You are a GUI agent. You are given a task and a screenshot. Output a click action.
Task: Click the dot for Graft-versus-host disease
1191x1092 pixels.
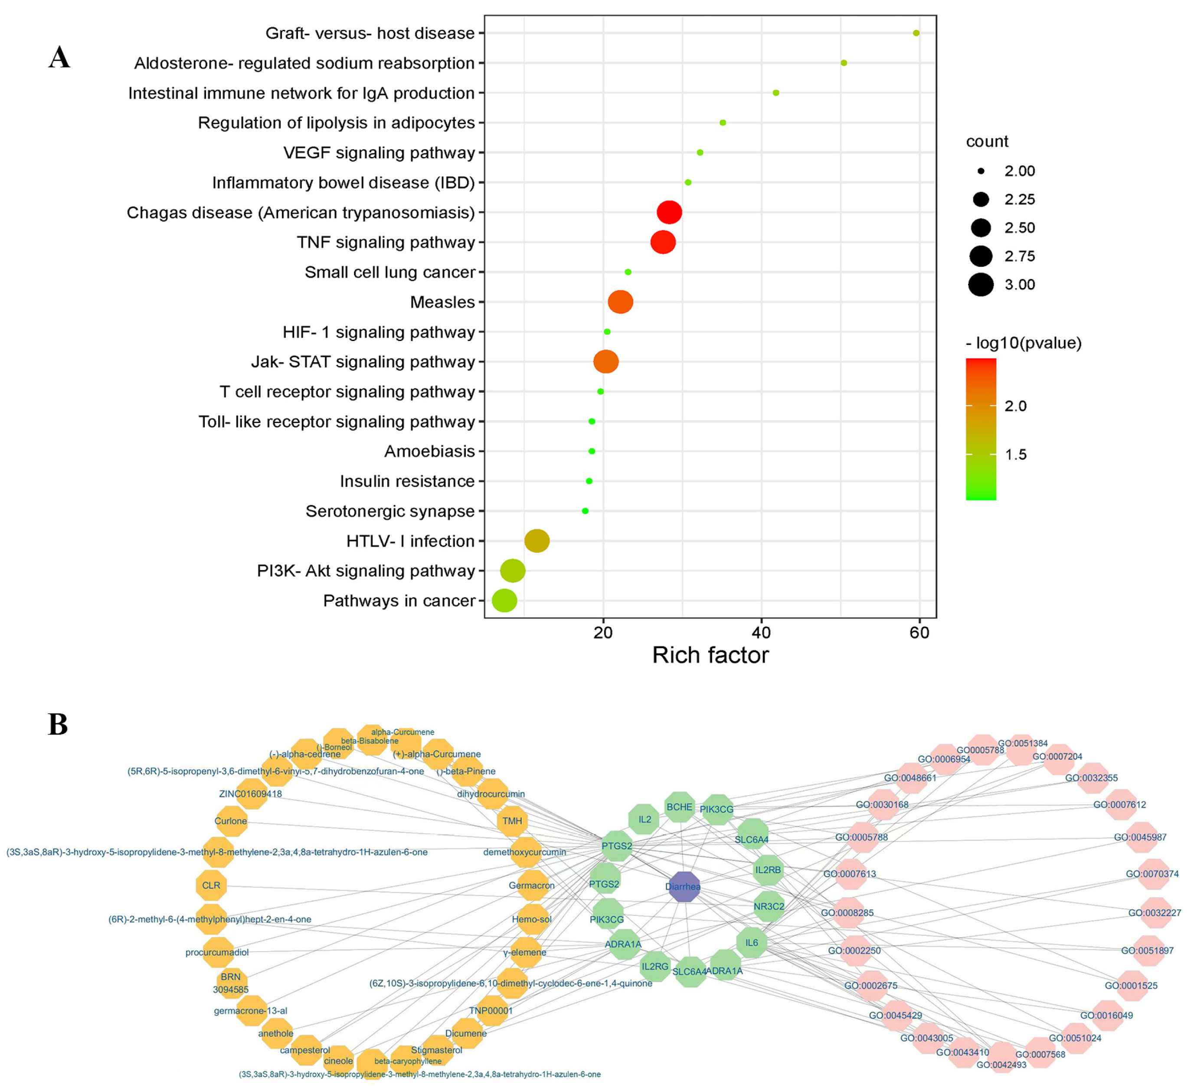click(x=916, y=33)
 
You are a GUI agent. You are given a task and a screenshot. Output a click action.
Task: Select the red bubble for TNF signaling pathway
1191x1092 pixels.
click(x=663, y=242)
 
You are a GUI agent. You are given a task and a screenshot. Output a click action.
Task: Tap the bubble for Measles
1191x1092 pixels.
click(x=620, y=302)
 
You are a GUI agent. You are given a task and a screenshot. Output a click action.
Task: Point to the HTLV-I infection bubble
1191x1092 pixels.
click(x=537, y=541)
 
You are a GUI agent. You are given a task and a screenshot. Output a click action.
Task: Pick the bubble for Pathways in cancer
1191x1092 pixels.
click(x=504, y=600)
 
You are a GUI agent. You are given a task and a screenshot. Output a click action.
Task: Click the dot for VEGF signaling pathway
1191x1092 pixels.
click(x=700, y=152)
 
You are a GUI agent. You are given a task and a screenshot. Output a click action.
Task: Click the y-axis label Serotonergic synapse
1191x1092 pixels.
click(x=390, y=511)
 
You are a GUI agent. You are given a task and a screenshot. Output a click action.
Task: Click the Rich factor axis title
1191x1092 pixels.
click(x=710, y=655)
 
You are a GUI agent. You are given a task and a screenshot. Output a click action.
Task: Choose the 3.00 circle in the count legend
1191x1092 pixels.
click(x=981, y=284)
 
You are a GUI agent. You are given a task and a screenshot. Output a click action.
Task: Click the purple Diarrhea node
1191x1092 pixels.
click(x=684, y=886)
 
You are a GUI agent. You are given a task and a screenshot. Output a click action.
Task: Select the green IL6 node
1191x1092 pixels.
click(x=752, y=942)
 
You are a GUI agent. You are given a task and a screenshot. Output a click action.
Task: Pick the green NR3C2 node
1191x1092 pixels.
click(x=769, y=906)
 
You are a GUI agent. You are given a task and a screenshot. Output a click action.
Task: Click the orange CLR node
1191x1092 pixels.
click(x=211, y=885)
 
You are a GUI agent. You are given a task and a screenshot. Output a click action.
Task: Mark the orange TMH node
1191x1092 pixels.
click(x=512, y=821)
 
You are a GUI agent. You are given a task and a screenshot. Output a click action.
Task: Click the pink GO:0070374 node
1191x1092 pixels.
click(x=1152, y=874)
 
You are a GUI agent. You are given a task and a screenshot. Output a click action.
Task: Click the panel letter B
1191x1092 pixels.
click(x=58, y=725)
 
